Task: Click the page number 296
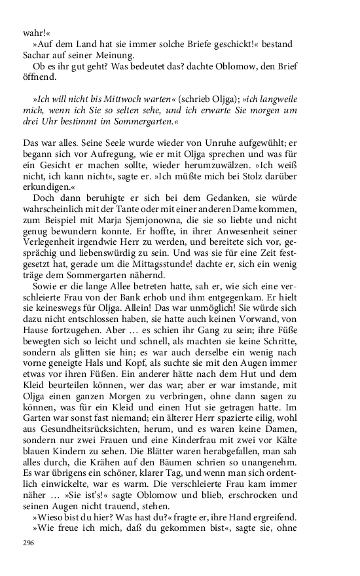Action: click(x=28, y=543)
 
